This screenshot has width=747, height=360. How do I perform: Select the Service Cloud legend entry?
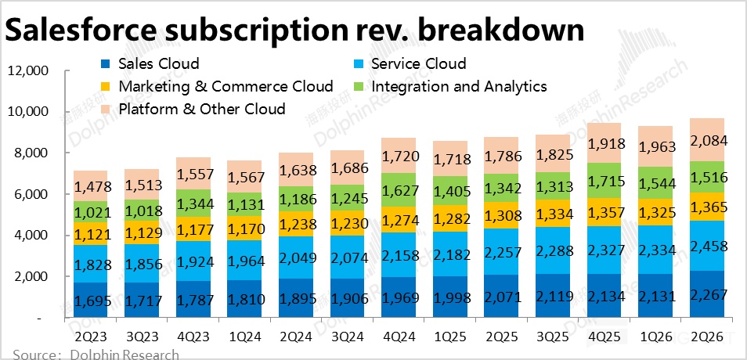pos(418,63)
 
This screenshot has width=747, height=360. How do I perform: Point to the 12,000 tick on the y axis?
pos(28,71)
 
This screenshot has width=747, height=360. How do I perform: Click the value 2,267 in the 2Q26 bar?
pos(707,295)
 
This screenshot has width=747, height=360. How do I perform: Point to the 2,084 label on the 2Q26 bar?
pos(707,142)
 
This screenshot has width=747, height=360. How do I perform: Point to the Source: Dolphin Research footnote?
pos(96,355)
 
